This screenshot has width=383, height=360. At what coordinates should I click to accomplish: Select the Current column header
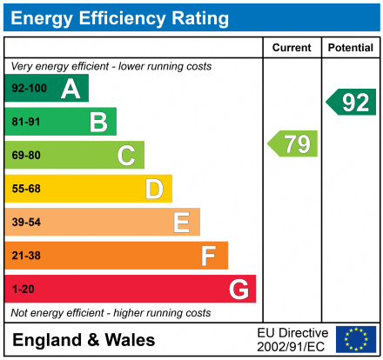(x=292, y=48)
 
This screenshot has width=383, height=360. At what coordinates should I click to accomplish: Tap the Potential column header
(x=351, y=48)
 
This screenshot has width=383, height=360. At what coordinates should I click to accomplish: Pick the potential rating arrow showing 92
(x=353, y=102)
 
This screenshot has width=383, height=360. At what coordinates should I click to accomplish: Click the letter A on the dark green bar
(x=71, y=89)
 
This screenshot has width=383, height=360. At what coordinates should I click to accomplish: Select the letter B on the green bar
(x=98, y=122)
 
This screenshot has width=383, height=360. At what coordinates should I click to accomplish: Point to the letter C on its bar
(x=126, y=156)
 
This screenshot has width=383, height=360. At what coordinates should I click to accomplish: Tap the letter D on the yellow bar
(x=154, y=189)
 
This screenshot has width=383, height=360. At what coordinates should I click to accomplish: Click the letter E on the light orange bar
(x=181, y=223)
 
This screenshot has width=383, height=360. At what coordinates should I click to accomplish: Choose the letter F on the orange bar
(x=209, y=256)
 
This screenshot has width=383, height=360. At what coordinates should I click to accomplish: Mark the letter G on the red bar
(x=238, y=289)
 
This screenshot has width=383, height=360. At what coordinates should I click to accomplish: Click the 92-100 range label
(x=29, y=89)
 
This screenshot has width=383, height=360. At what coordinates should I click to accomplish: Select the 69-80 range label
(x=26, y=156)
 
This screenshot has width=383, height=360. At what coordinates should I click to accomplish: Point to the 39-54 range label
(x=26, y=223)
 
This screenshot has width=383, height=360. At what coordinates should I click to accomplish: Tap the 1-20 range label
(x=23, y=289)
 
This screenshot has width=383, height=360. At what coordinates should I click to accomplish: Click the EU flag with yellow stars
(x=356, y=339)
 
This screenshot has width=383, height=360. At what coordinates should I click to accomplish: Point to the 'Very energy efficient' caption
(x=111, y=66)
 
